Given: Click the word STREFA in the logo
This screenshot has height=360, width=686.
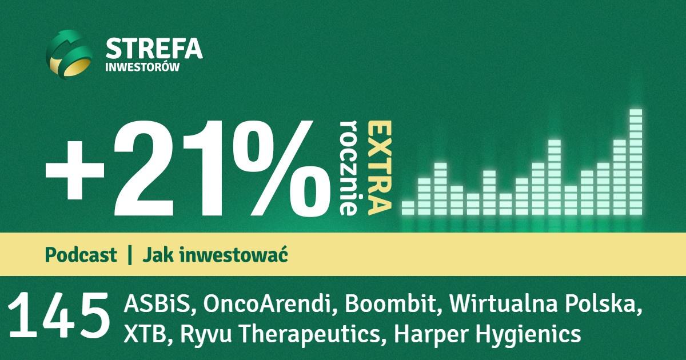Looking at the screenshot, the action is (154, 48).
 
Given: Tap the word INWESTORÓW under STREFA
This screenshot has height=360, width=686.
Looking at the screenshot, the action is (142, 66).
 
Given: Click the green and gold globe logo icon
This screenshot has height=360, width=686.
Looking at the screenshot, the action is (69, 54).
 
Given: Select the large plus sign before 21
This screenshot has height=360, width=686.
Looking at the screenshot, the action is (75, 170).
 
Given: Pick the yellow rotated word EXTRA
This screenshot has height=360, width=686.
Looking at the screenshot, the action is (380, 168).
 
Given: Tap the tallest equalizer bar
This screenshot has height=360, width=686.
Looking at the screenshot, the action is (636, 162).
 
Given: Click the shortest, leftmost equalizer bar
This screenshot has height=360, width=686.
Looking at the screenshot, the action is (408, 208).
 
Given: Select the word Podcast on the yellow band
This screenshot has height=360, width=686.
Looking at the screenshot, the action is (81, 255).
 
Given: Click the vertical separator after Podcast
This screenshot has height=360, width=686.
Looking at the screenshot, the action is (130, 255).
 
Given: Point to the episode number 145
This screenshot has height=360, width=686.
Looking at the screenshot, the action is (59, 316).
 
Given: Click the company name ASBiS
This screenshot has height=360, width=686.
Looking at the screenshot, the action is (159, 303).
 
